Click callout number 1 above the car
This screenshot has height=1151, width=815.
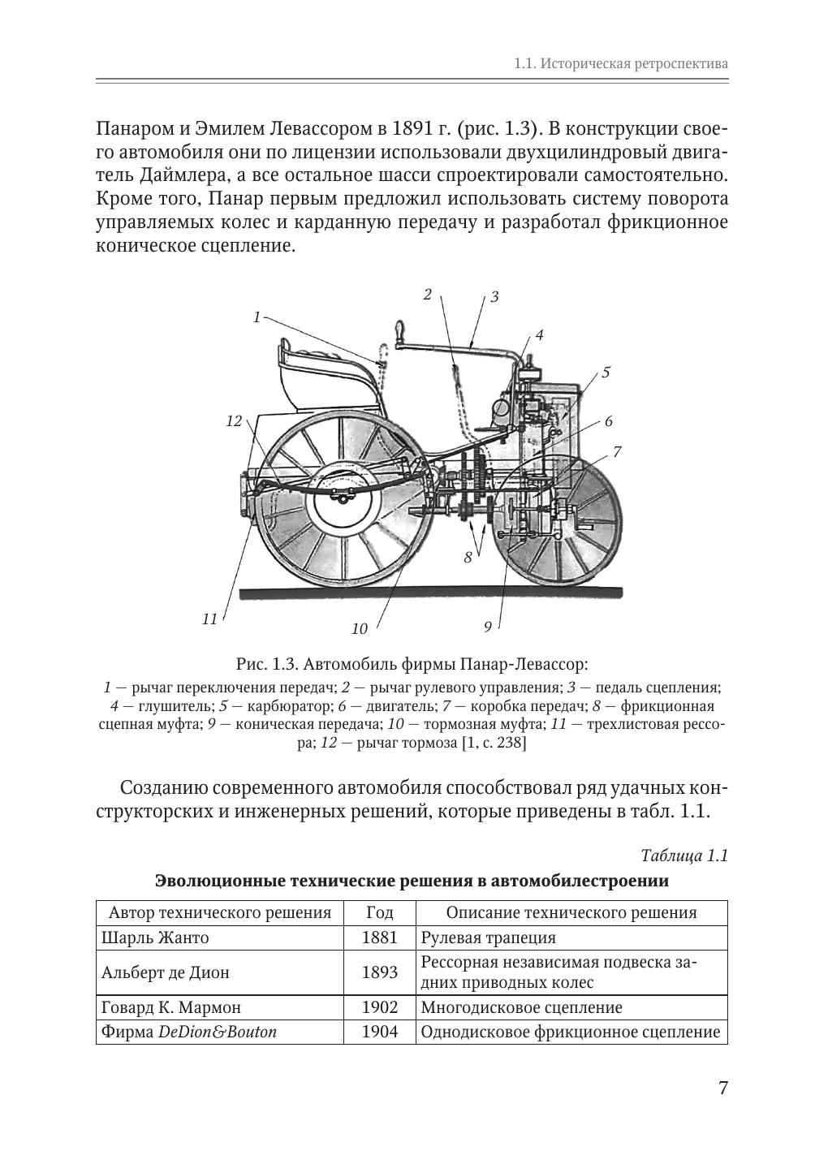click(x=257, y=317)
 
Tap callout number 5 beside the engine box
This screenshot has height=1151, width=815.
click(x=606, y=372)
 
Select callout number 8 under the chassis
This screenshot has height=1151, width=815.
click(x=468, y=557)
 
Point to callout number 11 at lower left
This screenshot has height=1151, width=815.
click(x=209, y=619)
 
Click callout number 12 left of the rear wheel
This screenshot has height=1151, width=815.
click(x=234, y=421)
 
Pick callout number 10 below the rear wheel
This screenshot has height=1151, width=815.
click(x=360, y=628)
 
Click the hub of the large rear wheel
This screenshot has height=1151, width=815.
click(x=343, y=496)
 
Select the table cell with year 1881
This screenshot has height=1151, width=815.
click(x=380, y=938)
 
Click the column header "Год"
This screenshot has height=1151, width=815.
click(x=380, y=912)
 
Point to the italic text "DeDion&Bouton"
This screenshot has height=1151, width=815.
click(x=218, y=1032)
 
